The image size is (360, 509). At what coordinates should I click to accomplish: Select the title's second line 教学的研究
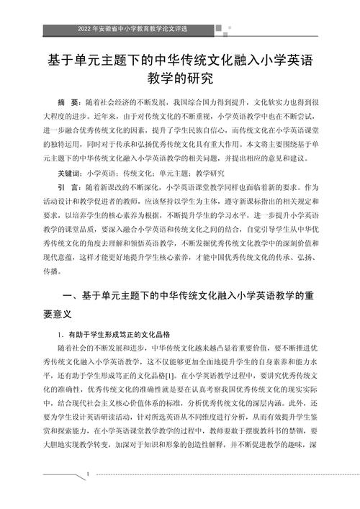tap(180, 77)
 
